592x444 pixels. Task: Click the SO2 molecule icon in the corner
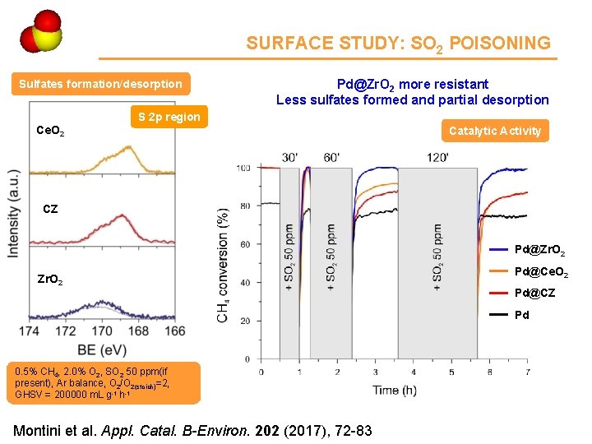pyautogui.click(x=39, y=32)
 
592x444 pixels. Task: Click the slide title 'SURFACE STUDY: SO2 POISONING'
pyautogui.click(x=398, y=44)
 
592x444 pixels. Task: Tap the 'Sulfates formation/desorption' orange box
pyautogui.click(x=100, y=84)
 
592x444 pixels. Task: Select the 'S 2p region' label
pyautogui.click(x=169, y=117)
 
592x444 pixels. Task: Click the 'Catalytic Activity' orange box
pyautogui.click(x=495, y=131)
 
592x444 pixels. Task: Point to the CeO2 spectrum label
pyautogui.click(x=51, y=131)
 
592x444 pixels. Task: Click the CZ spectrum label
pyautogui.click(x=50, y=209)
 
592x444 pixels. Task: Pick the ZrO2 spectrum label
pyautogui.click(x=51, y=280)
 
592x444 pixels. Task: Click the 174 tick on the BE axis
pyautogui.click(x=30, y=331)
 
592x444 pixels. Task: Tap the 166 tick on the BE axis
pyautogui.click(x=174, y=331)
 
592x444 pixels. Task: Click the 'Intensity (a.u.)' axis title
pyautogui.click(x=13, y=215)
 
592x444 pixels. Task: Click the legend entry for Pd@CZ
pyautogui.click(x=535, y=293)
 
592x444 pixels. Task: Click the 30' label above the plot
pyautogui.click(x=290, y=157)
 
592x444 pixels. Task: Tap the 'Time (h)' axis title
pyautogui.click(x=393, y=389)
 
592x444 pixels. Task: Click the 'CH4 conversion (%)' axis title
pyautogui.click(x=223, y=265)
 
